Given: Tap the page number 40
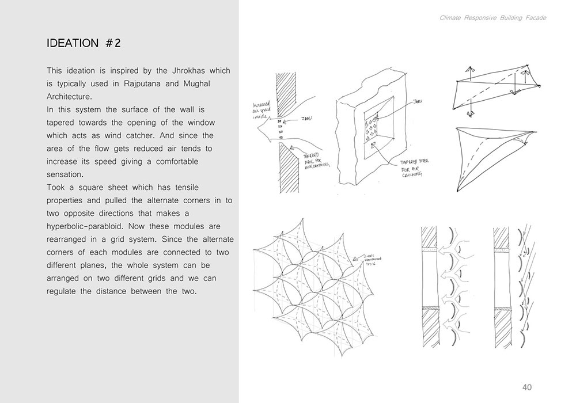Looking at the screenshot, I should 527,386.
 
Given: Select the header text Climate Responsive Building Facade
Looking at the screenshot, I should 492,18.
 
